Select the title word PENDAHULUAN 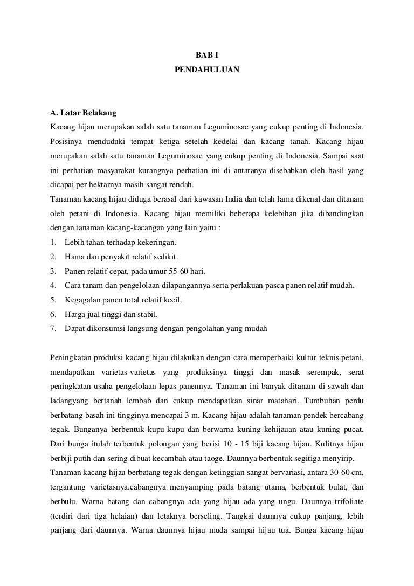[x=207, y=70]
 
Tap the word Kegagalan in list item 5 [x=80, y=299]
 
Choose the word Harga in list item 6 [x=74, y=313]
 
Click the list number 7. [x=52, y=327]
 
